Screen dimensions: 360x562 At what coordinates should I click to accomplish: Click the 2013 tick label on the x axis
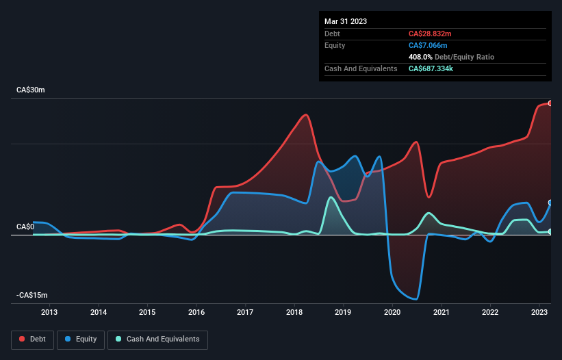(49, 312)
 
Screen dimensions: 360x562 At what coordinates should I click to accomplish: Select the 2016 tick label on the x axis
(196, 312)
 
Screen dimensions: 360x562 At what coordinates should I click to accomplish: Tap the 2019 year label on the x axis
(344, 312)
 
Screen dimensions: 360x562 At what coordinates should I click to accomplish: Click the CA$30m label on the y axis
(31, 90)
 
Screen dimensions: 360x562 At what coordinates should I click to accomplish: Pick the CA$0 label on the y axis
(26, 227)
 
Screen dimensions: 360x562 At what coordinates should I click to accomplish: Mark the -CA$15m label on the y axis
(32, 295)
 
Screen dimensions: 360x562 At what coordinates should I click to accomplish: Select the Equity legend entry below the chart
(81, 339)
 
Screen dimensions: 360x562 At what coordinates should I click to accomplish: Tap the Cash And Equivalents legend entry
(157, 339)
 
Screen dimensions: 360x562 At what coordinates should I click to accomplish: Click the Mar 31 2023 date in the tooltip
(346, 21)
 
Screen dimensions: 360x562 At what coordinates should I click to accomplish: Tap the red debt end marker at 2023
(550, 103)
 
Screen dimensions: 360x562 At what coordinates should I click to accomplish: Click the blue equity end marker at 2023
(550, 203)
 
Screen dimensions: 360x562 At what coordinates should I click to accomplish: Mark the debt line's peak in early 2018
(306, 114)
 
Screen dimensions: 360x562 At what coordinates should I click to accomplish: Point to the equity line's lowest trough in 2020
(416, 299)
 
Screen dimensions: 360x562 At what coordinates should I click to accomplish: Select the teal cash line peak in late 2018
(331, 198)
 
